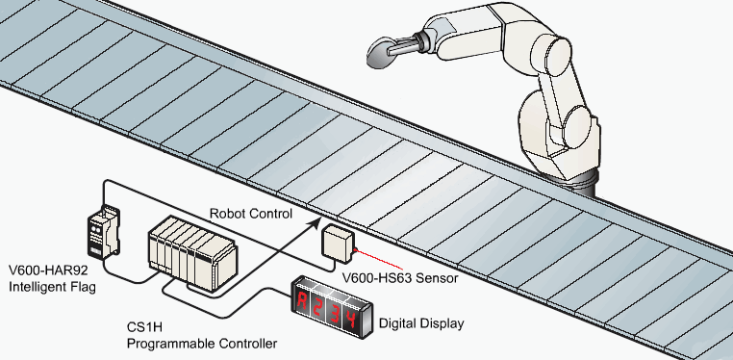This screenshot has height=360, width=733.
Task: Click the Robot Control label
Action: (x=250, y=214)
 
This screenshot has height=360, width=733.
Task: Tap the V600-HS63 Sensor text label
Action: (x=400, y=278)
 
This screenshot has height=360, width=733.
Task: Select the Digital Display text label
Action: (x=421, y=323)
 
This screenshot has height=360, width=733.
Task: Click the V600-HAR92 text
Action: (x=48, y=270)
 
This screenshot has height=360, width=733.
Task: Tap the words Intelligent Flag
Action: (x=52, y=286)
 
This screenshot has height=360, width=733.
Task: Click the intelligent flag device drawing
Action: (x=103, y=231)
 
